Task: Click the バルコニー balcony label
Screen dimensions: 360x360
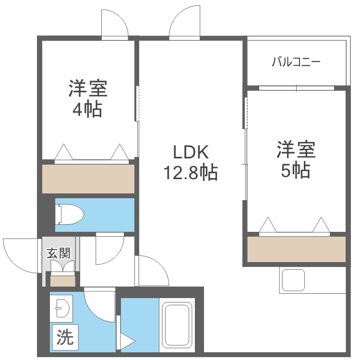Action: tap(296, 62)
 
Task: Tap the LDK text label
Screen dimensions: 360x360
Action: tap(191, 152)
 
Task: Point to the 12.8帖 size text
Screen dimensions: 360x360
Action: tap(191, 171)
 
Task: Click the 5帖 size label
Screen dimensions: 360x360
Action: tap(295, 170)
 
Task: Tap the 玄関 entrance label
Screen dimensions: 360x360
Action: tap(59, 253)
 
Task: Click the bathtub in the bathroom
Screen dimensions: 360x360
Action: tap(177, 326)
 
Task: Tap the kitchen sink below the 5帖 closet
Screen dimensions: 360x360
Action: tap(293, 280)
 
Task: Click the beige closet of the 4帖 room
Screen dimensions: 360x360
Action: tap(88, 179)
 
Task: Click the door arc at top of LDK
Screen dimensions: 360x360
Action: tap(184, 22)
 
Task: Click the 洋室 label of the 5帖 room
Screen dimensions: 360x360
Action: tap(296, 150)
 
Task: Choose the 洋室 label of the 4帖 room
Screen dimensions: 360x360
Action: tap(87, 89)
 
